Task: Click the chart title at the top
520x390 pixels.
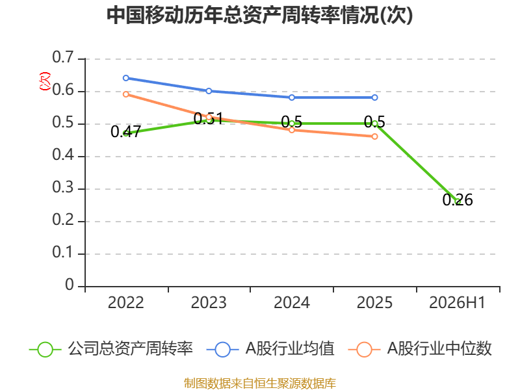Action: click(x=259, y=15)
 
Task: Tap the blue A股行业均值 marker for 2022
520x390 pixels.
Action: click(x=126, y=78)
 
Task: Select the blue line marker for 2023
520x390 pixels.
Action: click(x=209, y=91)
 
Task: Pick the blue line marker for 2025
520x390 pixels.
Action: click(x=375, y=97)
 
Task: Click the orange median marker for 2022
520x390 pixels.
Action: click(x=126, y=94)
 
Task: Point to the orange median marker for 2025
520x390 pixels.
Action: click(x=375, y=136)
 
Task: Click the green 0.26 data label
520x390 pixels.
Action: click(x=458, y=200)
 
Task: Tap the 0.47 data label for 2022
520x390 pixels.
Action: click(x=126, y=132)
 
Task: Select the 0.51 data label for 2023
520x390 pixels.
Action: click(x=208, y=119)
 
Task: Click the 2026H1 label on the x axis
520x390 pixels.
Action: click(x=458, y=302)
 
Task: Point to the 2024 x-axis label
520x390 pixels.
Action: click(x=292, y=302)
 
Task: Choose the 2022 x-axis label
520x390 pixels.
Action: click(x=126, y=302)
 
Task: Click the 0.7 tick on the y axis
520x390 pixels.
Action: click(x=63, y=57)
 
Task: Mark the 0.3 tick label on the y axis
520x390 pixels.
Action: click(x=63, y=187)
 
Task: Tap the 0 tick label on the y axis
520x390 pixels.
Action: click(x=70, y=285)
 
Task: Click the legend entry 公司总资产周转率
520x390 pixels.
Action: click(x=111, y=349)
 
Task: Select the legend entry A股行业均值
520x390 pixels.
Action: click(x=270, y=349)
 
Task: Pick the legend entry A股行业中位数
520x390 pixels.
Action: click(x=420, y=349)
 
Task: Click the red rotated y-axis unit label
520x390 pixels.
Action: click(x=45, y=81)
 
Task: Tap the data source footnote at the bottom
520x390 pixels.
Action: click(x=260, y=383)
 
